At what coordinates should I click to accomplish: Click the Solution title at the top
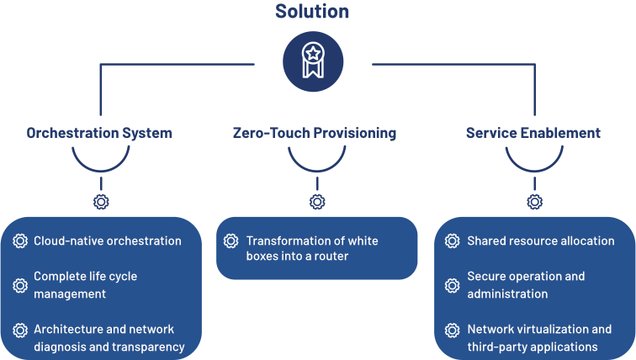[311, 12]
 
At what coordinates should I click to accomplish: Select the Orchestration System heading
[99, 133]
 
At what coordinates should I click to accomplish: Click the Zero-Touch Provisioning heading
[315, 133]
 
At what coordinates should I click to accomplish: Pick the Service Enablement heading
[533, 133]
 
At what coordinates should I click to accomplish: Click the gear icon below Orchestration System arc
[101, 202]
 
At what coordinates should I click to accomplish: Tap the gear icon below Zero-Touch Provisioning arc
[317, 202]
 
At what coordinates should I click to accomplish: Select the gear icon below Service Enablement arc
[534, 202]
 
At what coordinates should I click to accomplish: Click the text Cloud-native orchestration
[107, 241]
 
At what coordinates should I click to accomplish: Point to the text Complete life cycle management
[85, 285]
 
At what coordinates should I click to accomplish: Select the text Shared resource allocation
[540, 241]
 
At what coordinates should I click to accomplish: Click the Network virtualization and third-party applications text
[539, 337]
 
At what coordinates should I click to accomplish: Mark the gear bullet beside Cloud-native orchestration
[20, 241]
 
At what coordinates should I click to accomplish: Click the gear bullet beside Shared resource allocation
[452, 241]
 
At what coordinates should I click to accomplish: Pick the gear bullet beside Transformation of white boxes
[231, 241]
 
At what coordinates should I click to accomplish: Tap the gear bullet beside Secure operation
[452, 285]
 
